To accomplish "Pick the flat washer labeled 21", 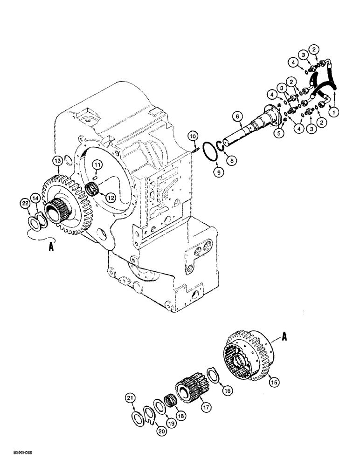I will [x=138, y=414].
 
